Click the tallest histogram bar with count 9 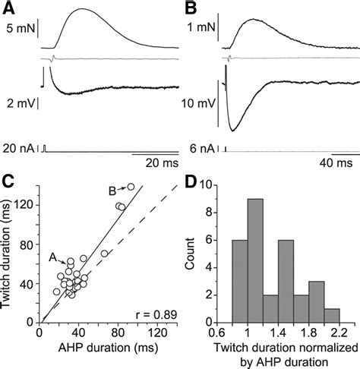(x=255, y=260)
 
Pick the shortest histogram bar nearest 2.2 (x=333, y=315)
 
